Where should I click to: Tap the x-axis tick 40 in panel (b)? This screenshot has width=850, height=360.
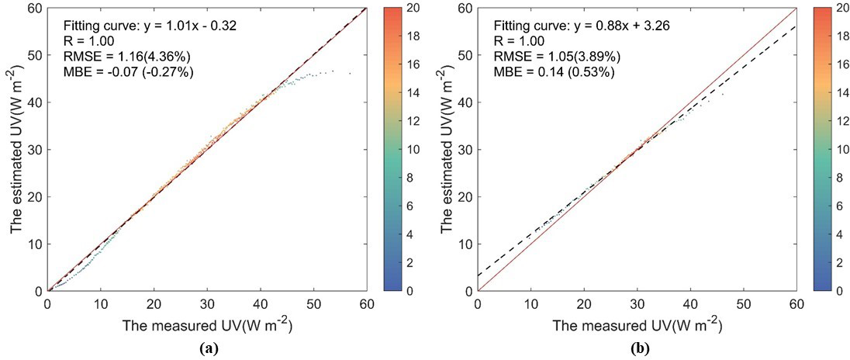coord(690,303)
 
